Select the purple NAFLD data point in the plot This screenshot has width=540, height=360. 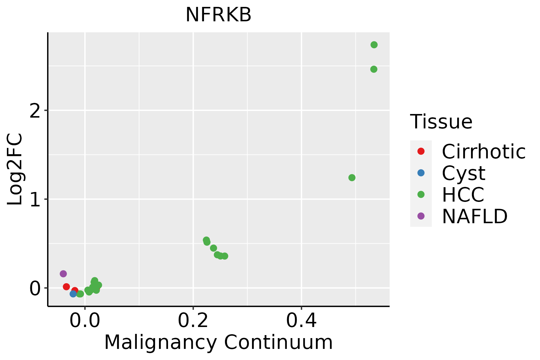[63, 274]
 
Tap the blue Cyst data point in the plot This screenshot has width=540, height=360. [73, 294]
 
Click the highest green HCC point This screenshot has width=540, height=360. [374, 45]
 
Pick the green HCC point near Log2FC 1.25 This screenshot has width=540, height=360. [352, 178]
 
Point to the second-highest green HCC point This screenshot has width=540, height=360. [374, 69]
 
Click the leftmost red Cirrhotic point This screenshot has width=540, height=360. [66, 287]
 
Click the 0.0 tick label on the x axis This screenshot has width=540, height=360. [85, 321]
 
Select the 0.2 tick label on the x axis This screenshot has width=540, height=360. [193, 321]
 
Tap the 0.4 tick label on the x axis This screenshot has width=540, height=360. [301, 321]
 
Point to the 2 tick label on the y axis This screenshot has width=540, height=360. [35, 111]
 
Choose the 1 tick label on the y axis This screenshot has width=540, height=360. [35, 199]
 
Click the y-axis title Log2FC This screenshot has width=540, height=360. [15, 169]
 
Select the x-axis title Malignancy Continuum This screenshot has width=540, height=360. [218, 342]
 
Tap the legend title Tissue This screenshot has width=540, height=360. [441, 122]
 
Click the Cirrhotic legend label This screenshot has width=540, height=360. [484, 151]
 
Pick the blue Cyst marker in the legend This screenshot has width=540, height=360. [421, 173]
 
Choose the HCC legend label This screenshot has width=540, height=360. [463, 194]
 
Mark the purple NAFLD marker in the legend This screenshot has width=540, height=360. [421, 216]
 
